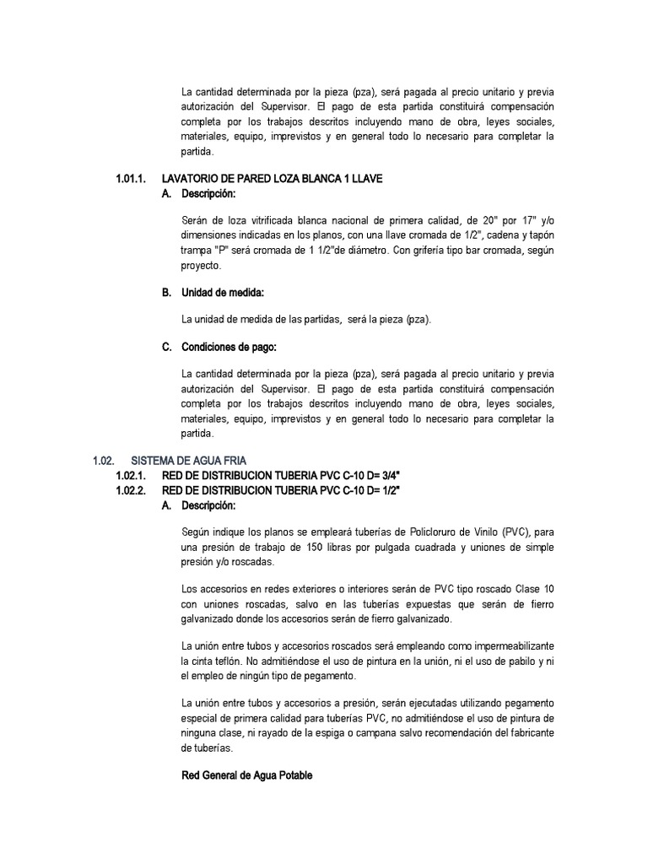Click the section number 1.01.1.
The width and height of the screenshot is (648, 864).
131,179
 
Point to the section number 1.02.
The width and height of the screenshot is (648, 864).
102,459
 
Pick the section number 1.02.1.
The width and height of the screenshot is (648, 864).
131,475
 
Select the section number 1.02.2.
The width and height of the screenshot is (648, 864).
131,490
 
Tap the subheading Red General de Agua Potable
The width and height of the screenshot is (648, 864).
247,775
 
